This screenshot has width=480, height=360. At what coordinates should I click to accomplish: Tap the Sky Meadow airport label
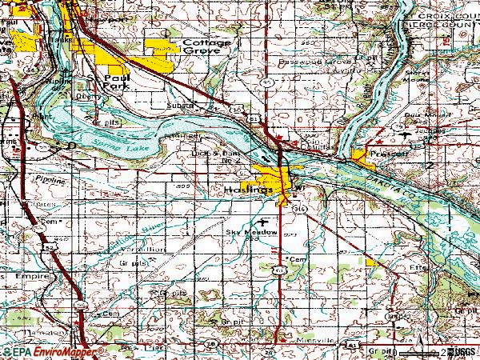[x=251, y=232]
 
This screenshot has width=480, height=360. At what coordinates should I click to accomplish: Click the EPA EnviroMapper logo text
[x=53, y=351]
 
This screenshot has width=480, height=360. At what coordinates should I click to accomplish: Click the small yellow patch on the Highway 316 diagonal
[x=370, y=262]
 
